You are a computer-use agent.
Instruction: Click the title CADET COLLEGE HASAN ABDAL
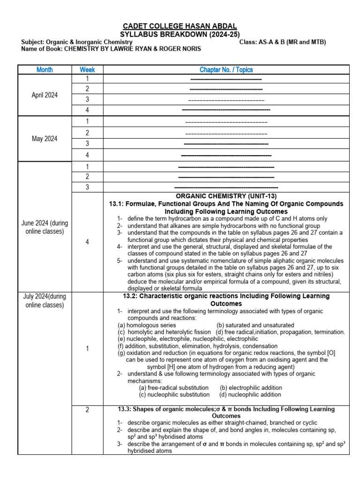coord(180,26)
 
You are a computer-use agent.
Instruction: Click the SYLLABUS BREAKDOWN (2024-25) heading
coord(180,34)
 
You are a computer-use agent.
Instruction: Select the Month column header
coord(45,70)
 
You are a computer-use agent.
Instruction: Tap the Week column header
coord(87,70)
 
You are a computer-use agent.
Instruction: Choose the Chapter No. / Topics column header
coord(226,70)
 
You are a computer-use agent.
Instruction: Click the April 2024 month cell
coord(45,95)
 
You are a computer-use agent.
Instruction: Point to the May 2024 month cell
coord(45,139)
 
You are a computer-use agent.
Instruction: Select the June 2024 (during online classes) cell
coord(45,227)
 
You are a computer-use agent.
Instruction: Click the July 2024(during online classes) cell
coord(45,300)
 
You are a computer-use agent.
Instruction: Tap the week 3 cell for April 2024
coord(87,99)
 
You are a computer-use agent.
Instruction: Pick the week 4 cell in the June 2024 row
coord(87,242)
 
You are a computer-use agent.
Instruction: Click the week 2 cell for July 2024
coord(87,410)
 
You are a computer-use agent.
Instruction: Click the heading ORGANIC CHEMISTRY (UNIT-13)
coord(226,196)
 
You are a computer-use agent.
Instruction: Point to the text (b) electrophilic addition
coord(251,388)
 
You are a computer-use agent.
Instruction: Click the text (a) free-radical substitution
coord(173,388)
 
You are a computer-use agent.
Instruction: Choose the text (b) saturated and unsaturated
coord(255,325)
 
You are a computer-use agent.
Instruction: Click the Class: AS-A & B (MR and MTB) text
coord(282,42)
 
